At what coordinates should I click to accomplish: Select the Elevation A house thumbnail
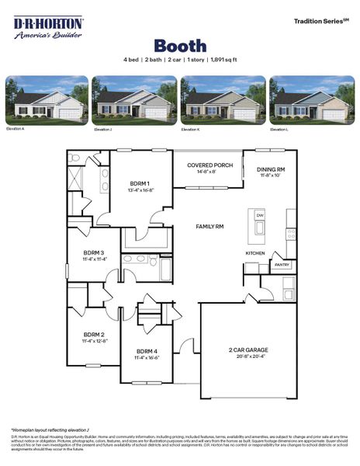pyautogui.click(x=47, y=101)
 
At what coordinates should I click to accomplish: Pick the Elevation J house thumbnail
pyautogui.click(x=135, y=101)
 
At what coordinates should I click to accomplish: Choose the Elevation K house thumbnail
pyautogui.click(x=223, y=101)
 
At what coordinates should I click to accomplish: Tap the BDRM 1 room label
pyautogui.click(x=141, y=183)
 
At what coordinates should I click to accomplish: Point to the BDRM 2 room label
pyautogui.click(x=93, y=334)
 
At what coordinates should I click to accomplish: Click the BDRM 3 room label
pyautogui.click(x=93, y=252)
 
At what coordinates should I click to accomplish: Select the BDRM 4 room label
pyautogui.click(x=147, y=351)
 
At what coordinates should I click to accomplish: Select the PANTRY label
pyautogui.click(x=281, y=265)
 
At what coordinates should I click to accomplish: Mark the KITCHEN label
pyautogui.click(x=255, y=253)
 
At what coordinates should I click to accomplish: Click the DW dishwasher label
pyautogui.click(x=260, y=215)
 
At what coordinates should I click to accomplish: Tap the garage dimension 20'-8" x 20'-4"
pyautogui.click(x=248, y=357)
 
